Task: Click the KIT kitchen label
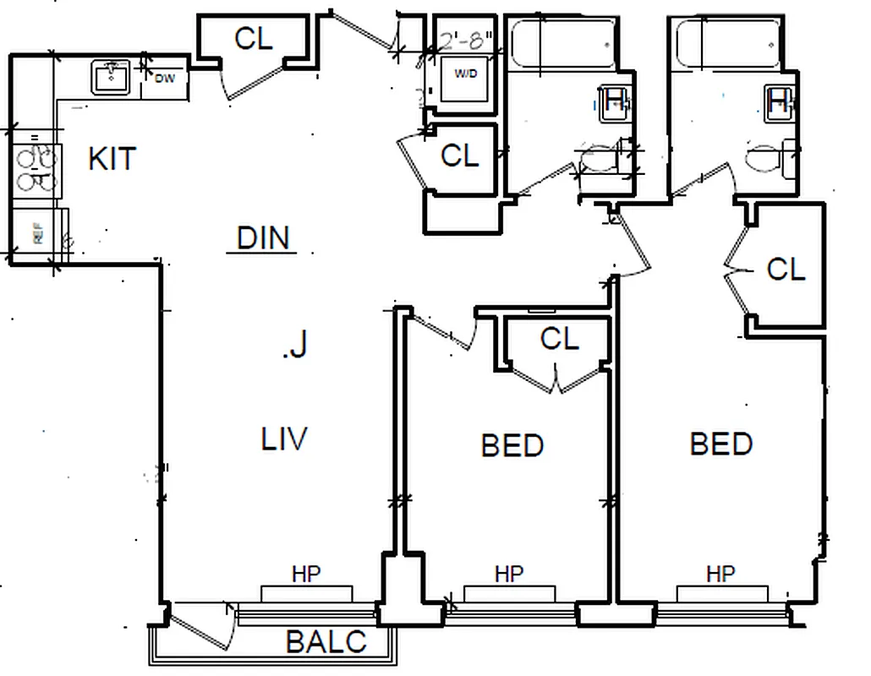[x=112, y=158]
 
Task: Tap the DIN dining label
[x=263, y=238]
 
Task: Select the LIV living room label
[x=283, y=439]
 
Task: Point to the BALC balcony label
[x=326, y=642]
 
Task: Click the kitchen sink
[x=110, y=78]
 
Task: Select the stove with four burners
[x=36, y=169]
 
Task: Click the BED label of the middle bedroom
[x=512, y=445]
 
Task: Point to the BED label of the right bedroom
[x=721, y=444]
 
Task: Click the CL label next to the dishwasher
[x=254, y=39]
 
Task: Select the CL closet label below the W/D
[x=459, y=155]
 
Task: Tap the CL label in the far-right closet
[x=786, y=269]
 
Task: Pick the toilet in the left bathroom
[x=603, y=160]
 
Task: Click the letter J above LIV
[x=296, y=345]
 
